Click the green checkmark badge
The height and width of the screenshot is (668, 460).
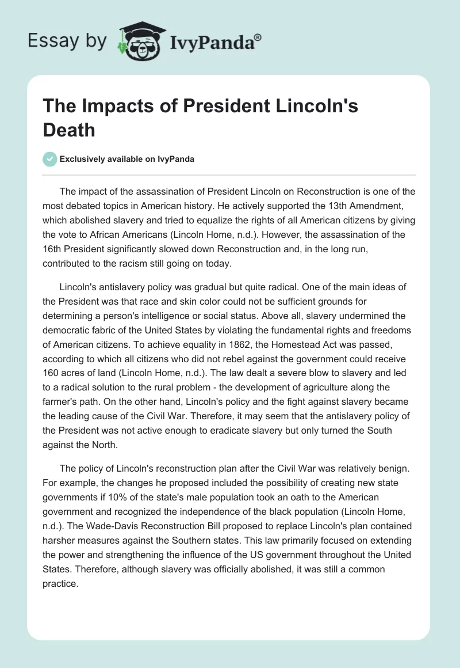click(x=51, y=159)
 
